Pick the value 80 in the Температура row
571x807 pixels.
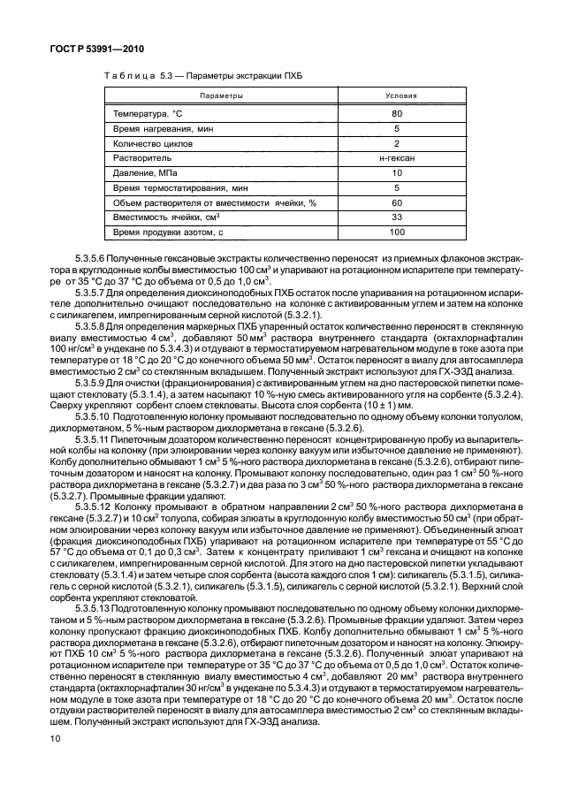click(397, 113)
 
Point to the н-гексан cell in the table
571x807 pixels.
click(397, 158)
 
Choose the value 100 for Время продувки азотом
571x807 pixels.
click(397, 232)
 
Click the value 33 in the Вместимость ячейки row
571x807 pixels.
click(397, 217)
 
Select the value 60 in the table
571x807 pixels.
click(397, 202)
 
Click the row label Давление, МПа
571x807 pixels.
click(144, 173)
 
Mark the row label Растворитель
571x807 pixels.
click(141, 158)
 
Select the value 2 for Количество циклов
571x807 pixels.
click(397, 143)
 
